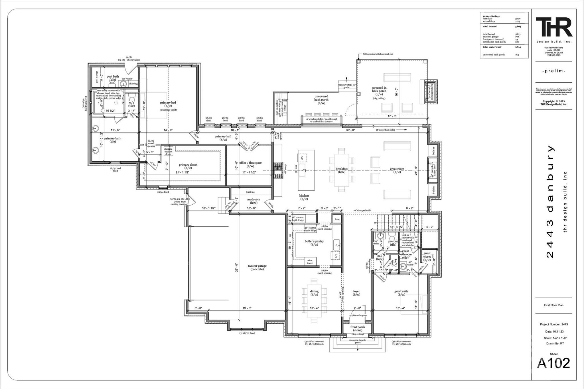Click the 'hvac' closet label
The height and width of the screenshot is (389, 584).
coord(337,219)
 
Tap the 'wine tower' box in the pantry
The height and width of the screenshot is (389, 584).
coord(310,262)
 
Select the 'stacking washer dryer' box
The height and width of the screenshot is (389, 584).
coord(168,151)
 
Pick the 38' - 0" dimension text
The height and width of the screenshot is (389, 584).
coord(350,130)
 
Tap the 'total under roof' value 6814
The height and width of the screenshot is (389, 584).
coord(518,47)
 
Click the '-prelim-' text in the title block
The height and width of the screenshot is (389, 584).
coord(553,71)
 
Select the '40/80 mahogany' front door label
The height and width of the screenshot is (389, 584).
coord(358,315)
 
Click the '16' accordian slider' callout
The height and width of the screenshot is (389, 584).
coord(386,130)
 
